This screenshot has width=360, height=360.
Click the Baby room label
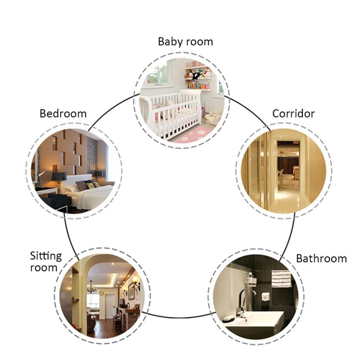coord(185,42)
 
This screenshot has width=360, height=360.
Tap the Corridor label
coord(293,114)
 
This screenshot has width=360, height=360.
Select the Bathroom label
coord(322,259)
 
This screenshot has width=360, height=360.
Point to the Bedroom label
coord(63,114)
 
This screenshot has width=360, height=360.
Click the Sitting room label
coord(46,262)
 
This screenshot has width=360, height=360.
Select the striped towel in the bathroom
coord(281,278)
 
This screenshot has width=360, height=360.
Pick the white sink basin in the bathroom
coord(255,320)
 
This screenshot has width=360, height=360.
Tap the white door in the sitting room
coord(110,307)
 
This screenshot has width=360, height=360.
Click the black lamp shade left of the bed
coord(59,176)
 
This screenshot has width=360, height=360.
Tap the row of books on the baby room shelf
coord(198,85)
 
